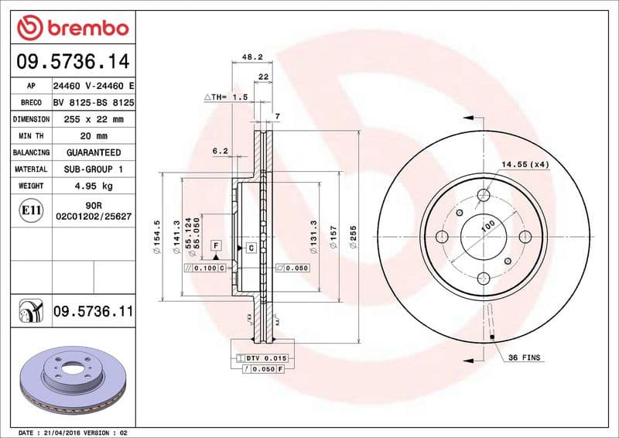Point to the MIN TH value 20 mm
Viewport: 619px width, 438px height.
click(x=92, y=136)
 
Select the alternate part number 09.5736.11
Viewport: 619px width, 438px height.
click(x=93, y=311)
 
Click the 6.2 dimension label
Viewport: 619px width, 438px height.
click(x=220, y=152)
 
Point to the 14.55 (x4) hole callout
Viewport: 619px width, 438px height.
click(x=525, y=164)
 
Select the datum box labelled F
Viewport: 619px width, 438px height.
click(x=217, y=245)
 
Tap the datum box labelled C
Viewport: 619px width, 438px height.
click(x=251, y=248)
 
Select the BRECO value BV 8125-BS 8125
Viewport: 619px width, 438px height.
click(x=94, y=103)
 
